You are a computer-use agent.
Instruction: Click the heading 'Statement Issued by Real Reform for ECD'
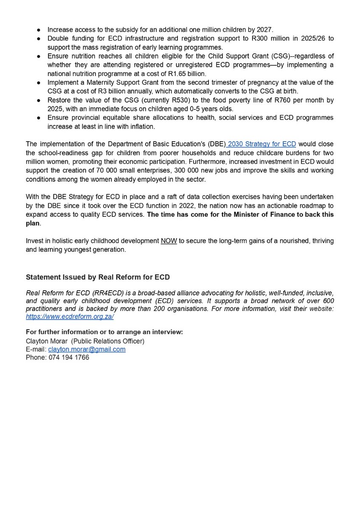coord(98,277)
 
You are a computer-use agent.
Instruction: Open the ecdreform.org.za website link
coord(70,316)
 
